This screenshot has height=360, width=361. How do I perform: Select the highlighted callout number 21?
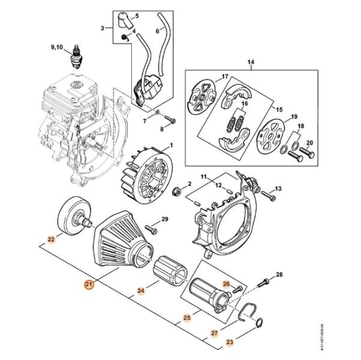tap(89, 286)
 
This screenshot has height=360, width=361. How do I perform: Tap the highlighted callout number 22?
tap(52, 239)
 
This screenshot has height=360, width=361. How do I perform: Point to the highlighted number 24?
tap(141, 292)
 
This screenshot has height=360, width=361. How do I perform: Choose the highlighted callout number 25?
tap(186, 317)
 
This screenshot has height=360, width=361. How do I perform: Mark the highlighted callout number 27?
tap(214, 332)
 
